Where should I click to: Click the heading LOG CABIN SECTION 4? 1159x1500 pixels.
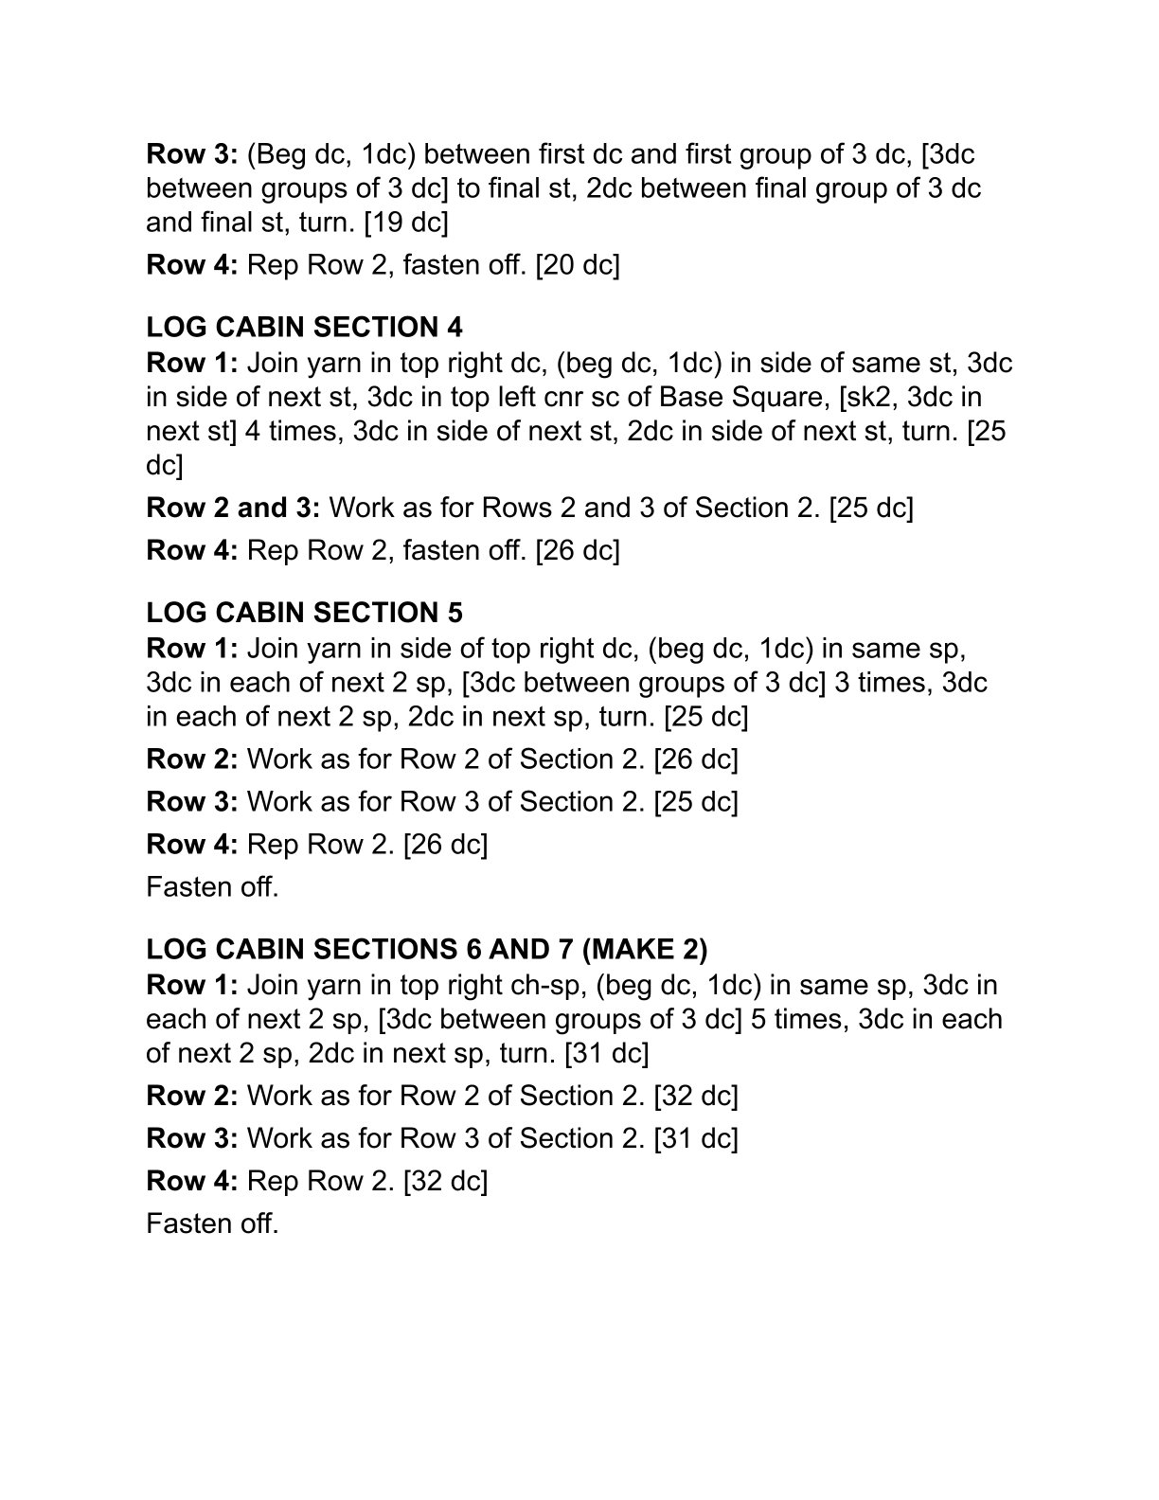[304, 328]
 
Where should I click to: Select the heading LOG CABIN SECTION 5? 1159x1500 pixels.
[304, 613]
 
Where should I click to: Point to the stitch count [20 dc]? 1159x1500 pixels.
[577, 265]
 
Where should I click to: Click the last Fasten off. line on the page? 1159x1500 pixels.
[212, 1223]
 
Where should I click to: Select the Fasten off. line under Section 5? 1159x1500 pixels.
[212, 887]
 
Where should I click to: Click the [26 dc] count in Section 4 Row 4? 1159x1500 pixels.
[577, 550]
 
